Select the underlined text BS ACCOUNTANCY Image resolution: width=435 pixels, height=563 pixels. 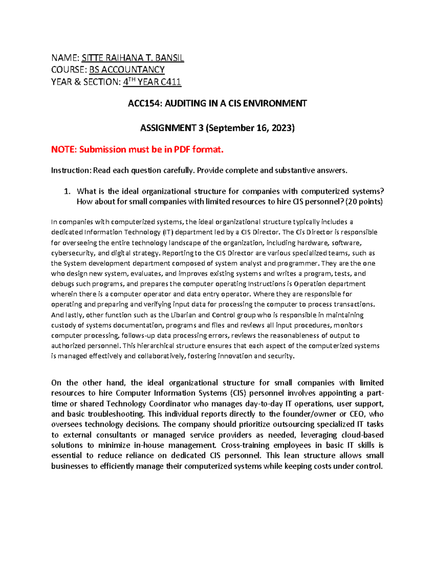pyautogui.click(x=127, y=70)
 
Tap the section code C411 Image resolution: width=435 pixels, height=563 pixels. pyautogui.click(x=171, y=82)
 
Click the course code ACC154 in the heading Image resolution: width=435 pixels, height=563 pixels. pyautogui.click(x=144, y=104)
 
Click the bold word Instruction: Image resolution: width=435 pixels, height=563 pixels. pyautogui.click(x=71, y=170)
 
